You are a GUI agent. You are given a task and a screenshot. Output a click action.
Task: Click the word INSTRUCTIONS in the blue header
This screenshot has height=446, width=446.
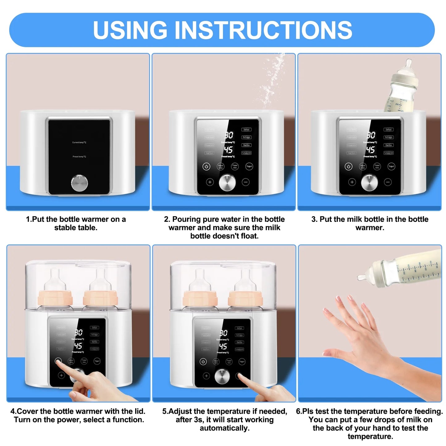(264, 30)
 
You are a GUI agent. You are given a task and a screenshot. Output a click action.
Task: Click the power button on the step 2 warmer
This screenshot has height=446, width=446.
(206, 167)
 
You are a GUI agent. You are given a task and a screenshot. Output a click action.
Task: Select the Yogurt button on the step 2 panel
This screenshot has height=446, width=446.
(249, 166)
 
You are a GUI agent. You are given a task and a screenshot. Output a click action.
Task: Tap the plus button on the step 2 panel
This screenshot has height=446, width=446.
(210, 182)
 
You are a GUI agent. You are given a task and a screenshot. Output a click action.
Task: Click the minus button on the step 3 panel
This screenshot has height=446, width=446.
(388, 182)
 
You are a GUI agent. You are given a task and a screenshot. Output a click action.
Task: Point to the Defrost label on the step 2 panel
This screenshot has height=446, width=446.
(246, 130)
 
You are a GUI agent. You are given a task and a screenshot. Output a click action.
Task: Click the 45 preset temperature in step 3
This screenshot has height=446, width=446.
(370, 150)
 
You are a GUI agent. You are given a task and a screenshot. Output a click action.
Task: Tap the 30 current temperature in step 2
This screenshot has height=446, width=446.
(229, 135)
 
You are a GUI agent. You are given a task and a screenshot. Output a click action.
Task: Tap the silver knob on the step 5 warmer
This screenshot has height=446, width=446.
(222, 377)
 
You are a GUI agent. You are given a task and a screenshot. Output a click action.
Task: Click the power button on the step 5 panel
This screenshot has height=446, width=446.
(203, 362)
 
